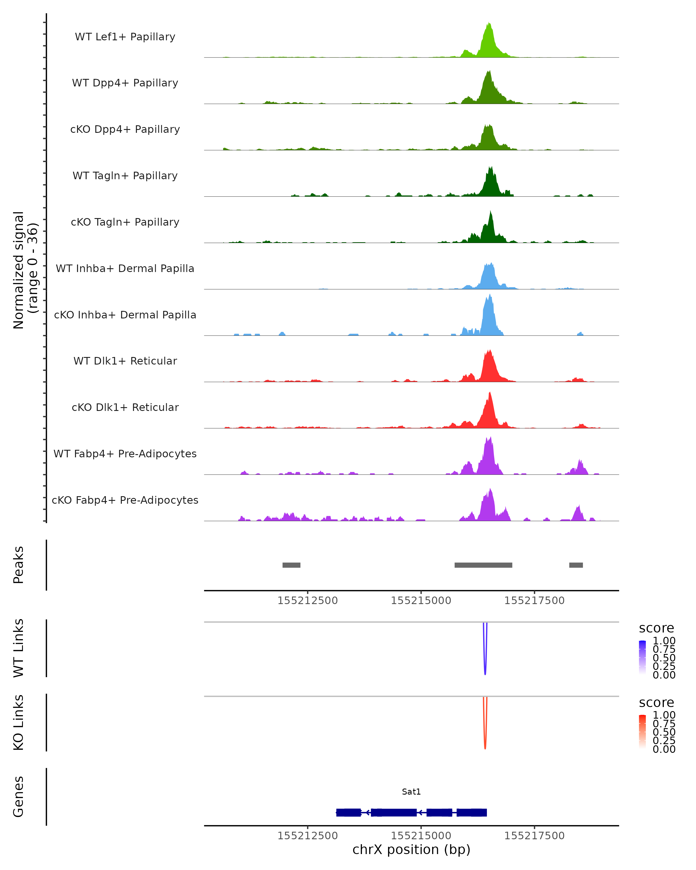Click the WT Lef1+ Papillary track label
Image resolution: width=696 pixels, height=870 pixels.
pyautogui.click(x=125, y=37)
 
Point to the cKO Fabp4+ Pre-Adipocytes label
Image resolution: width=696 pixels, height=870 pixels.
pyautogui.click(x=125, y=500)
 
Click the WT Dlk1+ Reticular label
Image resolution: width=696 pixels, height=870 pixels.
pyautogui.click(x=125, y=361)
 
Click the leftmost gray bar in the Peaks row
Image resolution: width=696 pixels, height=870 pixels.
pyautogui.click(x=291, y=565)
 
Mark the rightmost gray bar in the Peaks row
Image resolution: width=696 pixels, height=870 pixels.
pyautogui.click(x=576, y=565)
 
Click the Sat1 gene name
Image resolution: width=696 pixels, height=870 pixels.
pyautogui.click(x=411, y=792)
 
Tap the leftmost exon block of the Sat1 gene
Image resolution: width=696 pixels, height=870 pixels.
pyautogui.click(x=348, y=812)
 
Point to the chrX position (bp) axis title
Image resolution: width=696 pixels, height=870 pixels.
pyautogui.click(x=411, y=849)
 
